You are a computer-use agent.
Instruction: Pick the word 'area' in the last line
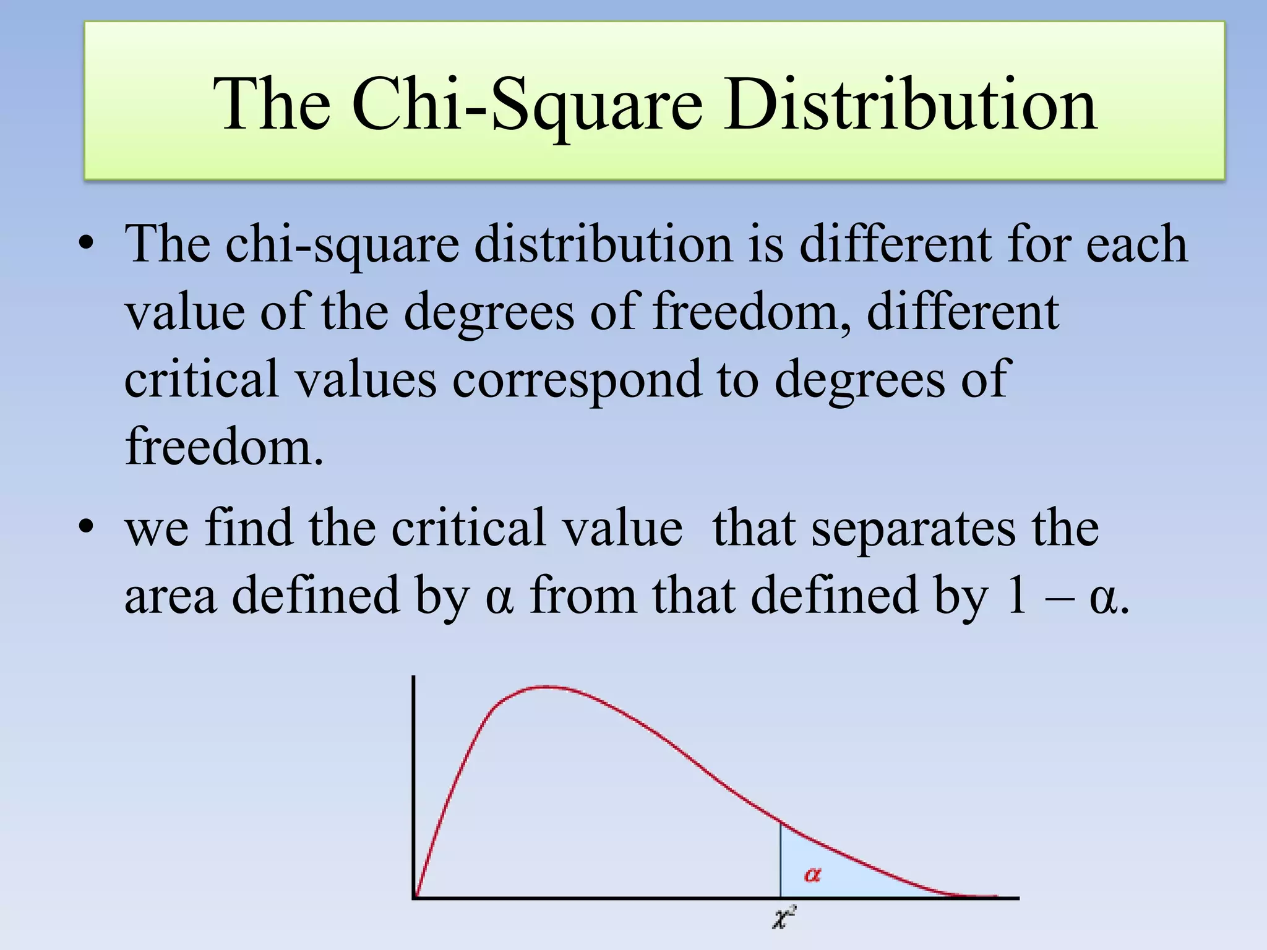171,595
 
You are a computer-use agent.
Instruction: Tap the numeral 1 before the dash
1016,595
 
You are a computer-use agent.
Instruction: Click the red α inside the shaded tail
812,875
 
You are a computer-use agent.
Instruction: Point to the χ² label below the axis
784,917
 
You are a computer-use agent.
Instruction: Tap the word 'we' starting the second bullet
157,529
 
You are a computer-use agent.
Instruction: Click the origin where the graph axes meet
414,897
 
